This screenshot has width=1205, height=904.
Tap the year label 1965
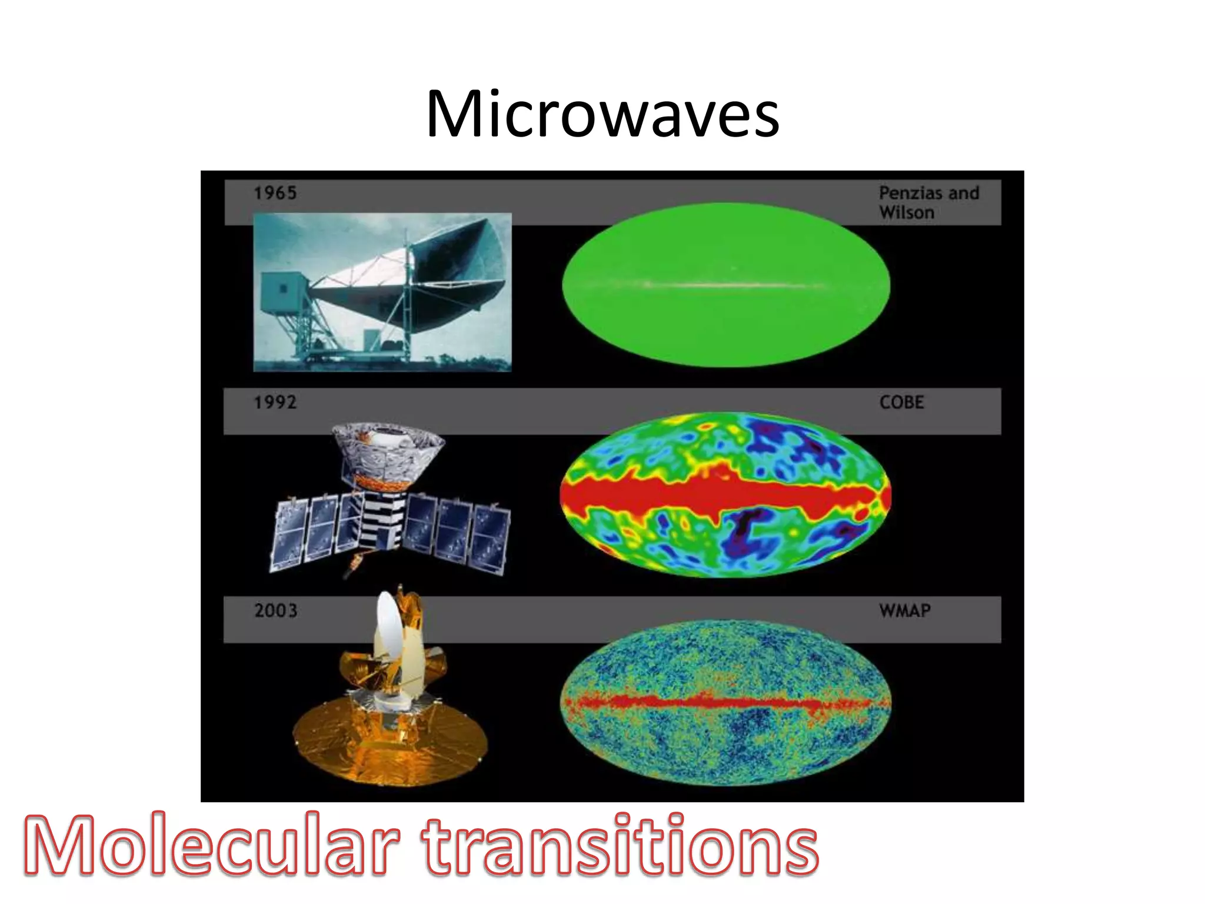275,193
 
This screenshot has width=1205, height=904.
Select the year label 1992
275,403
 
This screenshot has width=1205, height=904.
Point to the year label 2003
275,610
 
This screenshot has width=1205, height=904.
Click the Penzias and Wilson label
928,202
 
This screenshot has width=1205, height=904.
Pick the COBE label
901,403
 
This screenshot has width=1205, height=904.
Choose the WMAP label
905,610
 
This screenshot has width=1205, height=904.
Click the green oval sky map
725,318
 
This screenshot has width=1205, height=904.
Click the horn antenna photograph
382,293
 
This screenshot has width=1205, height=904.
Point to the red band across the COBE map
725,494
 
